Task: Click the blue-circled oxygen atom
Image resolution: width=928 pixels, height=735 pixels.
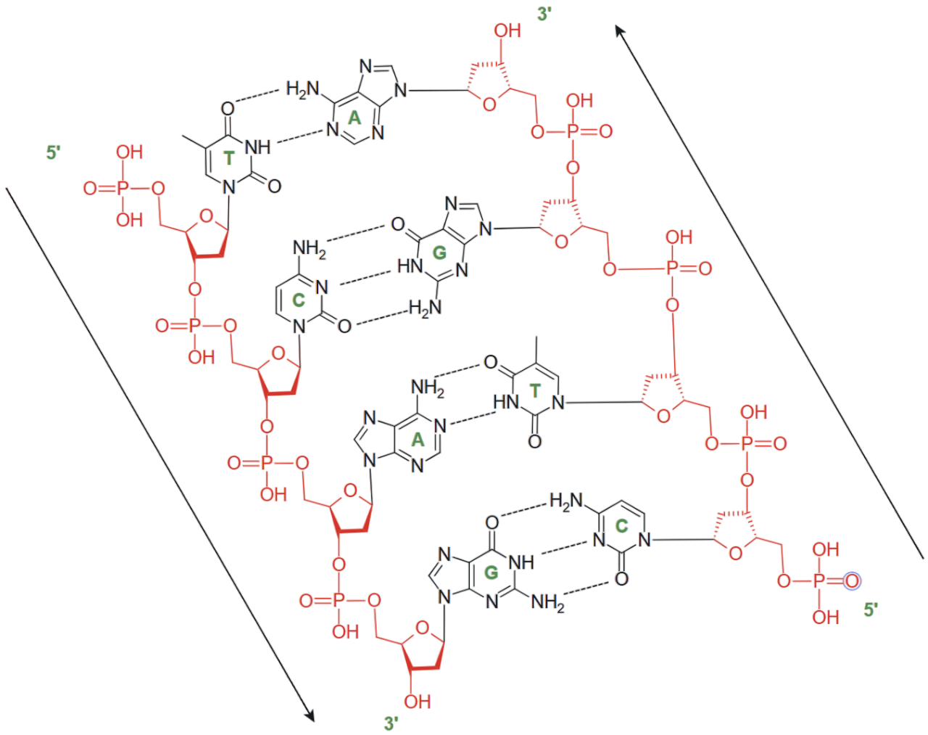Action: pos(852,581)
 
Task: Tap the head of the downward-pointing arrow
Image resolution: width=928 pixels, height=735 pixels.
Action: pos(310,716)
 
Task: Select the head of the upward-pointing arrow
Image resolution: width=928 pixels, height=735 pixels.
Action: pos(619,31)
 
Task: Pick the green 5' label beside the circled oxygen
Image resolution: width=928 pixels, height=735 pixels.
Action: pos(870,609)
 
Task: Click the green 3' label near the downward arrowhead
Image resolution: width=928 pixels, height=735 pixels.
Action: pos(391,723)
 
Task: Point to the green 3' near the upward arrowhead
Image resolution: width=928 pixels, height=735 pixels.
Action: pos(544,15)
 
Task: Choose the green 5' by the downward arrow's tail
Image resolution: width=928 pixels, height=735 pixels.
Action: pos(53,153)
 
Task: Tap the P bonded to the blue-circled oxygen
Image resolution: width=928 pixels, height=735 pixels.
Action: pos(819,581)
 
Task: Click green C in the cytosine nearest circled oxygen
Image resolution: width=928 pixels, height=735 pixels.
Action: pos(621,526)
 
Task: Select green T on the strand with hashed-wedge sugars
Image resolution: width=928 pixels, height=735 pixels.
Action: pos(535,390)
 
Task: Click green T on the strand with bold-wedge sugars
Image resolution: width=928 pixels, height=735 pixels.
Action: pos(228,158)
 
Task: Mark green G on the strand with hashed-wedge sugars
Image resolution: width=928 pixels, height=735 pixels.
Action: pos(439,252)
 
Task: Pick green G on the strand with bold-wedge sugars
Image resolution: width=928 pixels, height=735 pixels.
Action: pos(491,572)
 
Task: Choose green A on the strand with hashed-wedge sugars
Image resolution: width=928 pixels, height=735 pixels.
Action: pos(354,118)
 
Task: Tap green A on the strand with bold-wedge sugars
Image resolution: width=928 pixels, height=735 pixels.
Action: pos(418,440)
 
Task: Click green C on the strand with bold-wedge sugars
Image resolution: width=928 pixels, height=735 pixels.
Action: pos(299,300)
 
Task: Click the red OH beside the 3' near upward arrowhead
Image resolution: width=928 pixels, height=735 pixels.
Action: pos(507,30)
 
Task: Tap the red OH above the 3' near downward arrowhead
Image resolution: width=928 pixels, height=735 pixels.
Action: pos(417,702)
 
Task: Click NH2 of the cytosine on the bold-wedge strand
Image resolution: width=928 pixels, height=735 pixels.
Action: pos(309,249)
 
